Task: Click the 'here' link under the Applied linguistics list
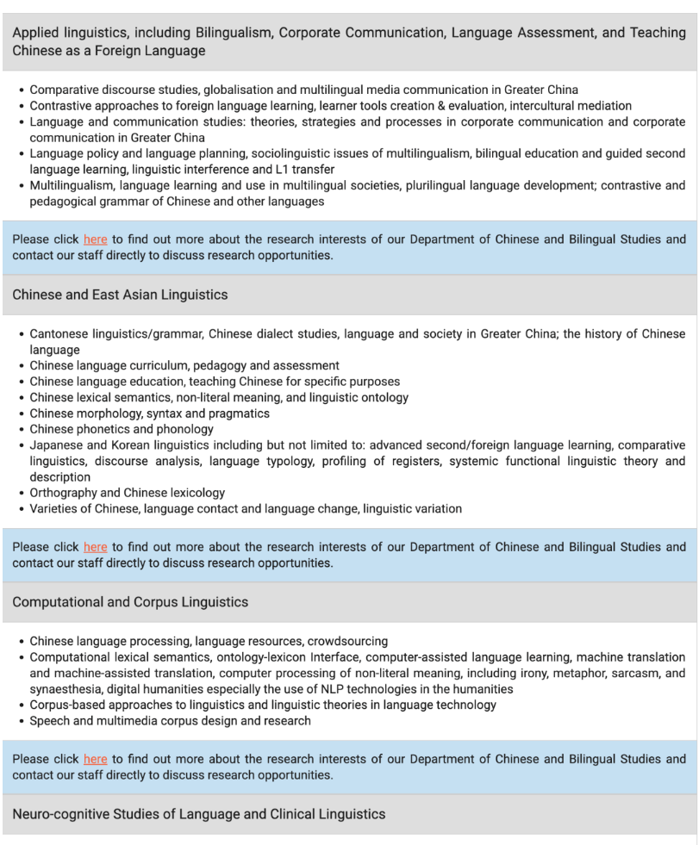tap(95, 239)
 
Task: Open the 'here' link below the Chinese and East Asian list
tap(95, 547)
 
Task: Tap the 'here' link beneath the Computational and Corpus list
tap(95, 759)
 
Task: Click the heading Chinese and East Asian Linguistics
tap(120, 295)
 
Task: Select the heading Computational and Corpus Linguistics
tap(130, 602)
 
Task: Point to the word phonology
tap(184, 429)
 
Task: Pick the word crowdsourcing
tap(347, 641)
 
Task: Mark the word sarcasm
tap(638, 673)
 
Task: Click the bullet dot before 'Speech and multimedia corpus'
tap(21, 721)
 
